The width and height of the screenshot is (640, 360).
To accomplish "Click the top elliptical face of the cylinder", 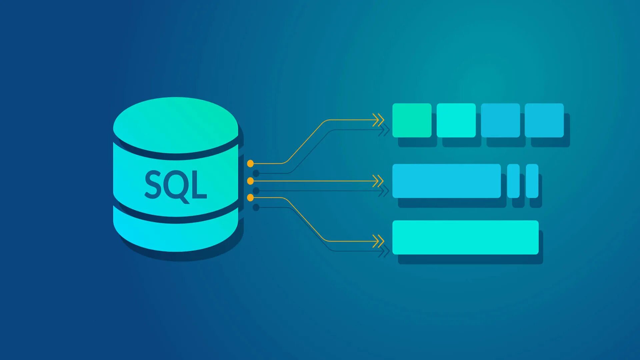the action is point(176,125).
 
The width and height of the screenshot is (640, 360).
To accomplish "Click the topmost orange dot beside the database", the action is point(250,163).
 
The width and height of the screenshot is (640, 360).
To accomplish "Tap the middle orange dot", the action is point(250,181).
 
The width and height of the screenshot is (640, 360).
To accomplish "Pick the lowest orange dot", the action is point(250,198).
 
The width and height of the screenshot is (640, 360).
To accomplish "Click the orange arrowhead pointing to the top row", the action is point(378,120).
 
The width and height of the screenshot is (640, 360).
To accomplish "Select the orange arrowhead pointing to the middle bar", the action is point(378,181).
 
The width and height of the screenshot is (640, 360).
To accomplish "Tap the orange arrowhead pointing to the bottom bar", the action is point(378,241).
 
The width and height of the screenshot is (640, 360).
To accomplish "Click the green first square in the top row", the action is point(412,120).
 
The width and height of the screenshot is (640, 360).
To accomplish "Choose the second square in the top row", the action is point(456,120).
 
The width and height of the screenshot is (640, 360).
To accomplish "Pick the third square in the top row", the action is point(500,120).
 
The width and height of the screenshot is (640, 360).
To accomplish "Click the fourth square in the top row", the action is point(544,120).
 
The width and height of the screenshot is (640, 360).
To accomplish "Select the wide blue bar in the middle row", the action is point(447,181).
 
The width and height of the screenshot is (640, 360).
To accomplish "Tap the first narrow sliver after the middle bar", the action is point(513,181).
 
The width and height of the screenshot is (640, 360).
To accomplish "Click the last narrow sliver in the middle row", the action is point(532,181).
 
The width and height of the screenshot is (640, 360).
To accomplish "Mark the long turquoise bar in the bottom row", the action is point(465,237).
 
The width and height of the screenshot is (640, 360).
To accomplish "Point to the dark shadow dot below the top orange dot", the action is point(256,173).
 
